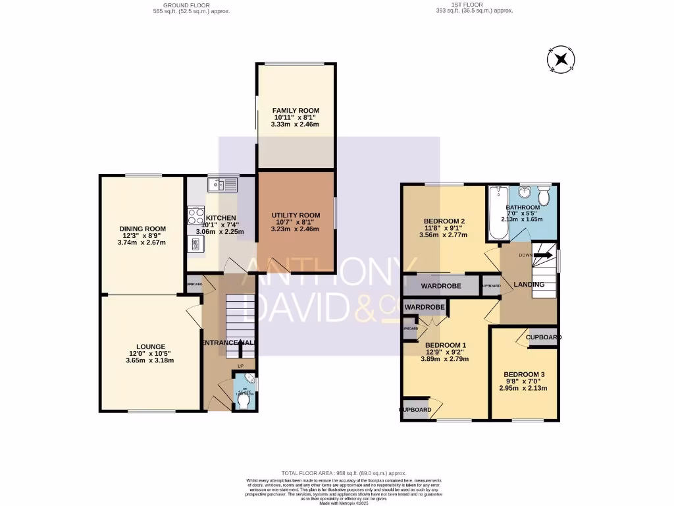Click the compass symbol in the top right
click(561, 61)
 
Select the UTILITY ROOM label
click(296, 215)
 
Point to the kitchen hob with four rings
click(195, 216)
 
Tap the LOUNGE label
click(151, 346)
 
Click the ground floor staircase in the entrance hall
click(240, 316)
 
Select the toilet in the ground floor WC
click(243, 400)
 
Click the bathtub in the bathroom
click(495, 214)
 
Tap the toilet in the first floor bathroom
click(544, 197)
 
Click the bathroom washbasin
click(524, 192)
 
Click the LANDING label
click(529, 285)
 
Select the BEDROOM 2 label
click(444, 221)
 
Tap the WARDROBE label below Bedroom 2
click(440, 286)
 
